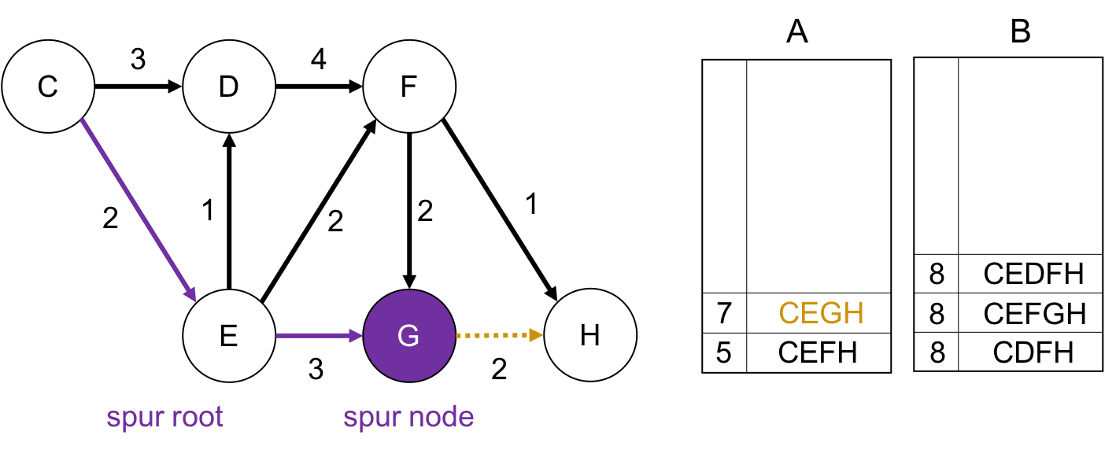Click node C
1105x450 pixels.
[48, 87]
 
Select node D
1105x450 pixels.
[229, 87]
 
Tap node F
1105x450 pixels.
[409, 87]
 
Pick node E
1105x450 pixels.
[229, 336]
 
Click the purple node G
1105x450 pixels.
[409, 336]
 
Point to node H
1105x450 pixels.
[590, 336]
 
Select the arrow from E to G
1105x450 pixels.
[319, 336]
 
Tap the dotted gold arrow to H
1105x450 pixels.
[499, 336]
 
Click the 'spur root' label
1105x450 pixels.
[165, 417]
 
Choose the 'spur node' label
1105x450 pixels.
[408, 417]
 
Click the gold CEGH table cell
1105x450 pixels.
[821, 313]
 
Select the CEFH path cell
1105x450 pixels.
[818, 352]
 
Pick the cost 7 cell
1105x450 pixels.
[724, 313]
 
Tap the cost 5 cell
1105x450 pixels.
[724, 352]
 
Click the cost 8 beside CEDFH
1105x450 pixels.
[937, 274]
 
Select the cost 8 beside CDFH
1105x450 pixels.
[937, 352]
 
